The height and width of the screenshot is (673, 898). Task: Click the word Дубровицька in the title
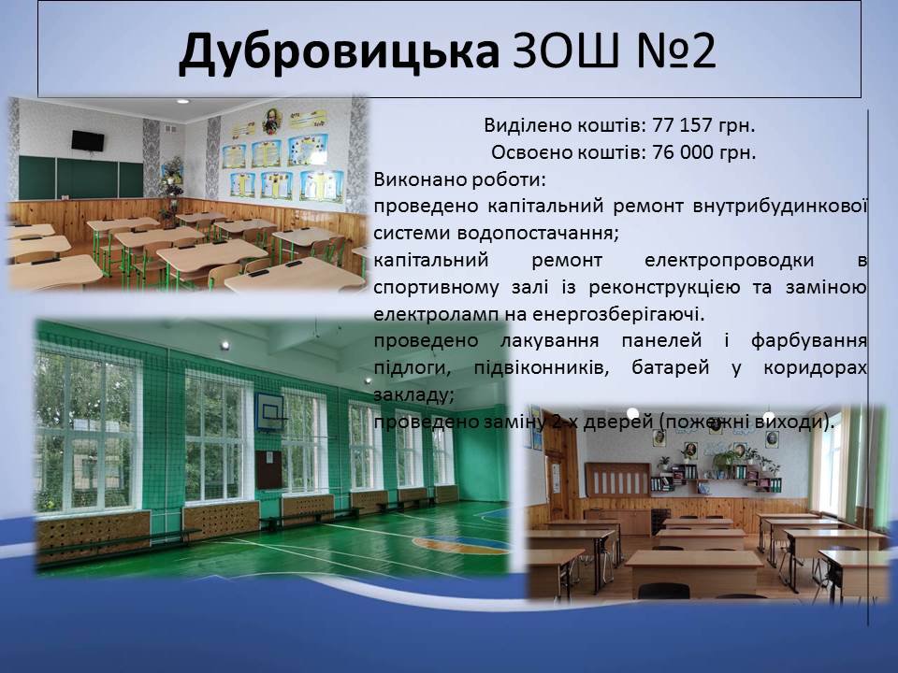(339, 50)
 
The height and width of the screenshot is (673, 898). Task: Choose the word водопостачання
(538, 234)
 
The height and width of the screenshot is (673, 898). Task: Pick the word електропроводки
(729, 261)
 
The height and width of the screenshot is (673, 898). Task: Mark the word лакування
(550, 341)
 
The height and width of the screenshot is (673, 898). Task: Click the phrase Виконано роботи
(460, 179)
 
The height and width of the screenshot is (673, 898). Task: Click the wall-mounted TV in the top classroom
(88, 141)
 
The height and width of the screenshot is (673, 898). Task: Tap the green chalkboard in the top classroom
(80, 178)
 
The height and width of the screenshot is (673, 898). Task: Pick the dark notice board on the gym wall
(268, 469)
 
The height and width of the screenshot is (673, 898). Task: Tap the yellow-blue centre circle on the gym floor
(461, 544)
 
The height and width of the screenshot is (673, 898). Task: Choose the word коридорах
(815, 368)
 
